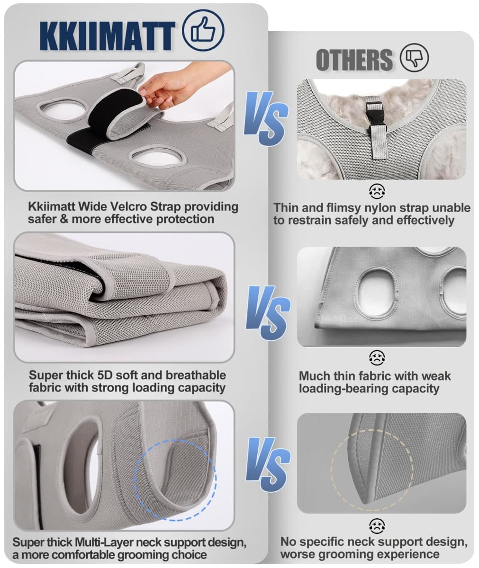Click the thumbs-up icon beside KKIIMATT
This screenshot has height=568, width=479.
pyautogui.click(x=203, y=30)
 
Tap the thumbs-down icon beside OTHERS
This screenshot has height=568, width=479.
pyautogui.click(x=414, y=58)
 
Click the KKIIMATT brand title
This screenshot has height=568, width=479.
pyautogui.click(x=107, y=36)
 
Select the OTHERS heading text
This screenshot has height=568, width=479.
pyautogui.click(x=354, y=60)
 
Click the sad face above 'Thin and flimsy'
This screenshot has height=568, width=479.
pyautogui.click(x=377, y=191)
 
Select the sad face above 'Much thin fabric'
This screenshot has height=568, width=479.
pyautogui.click(x=377, y=358)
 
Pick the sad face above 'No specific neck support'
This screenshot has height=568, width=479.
pyautogui.click(x=377, y=526)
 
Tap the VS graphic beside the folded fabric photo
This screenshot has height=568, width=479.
pyautogui.click(x=268, y=312)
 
